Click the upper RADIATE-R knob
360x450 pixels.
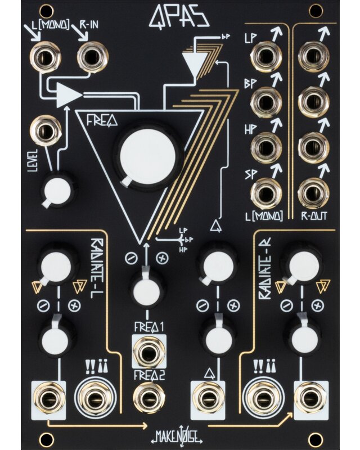pyautogui.click(x=303, y=264)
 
